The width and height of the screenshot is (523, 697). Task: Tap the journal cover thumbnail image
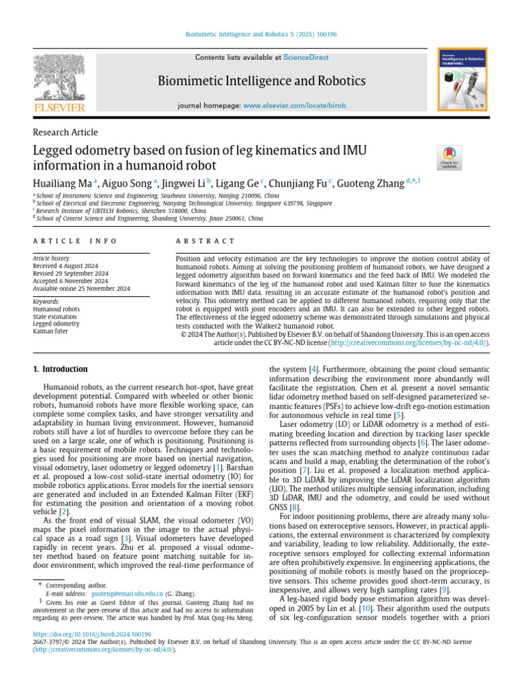[x=463, y=79]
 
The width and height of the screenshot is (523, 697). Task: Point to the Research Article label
[x=65, y=131]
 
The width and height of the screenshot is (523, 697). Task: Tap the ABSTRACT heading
[x=205, y=242]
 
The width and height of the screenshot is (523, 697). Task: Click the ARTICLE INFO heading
[x=75, y=242]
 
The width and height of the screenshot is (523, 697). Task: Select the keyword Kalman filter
[x=50, y=331]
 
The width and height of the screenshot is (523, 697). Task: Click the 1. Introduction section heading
[x=61, y=370]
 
